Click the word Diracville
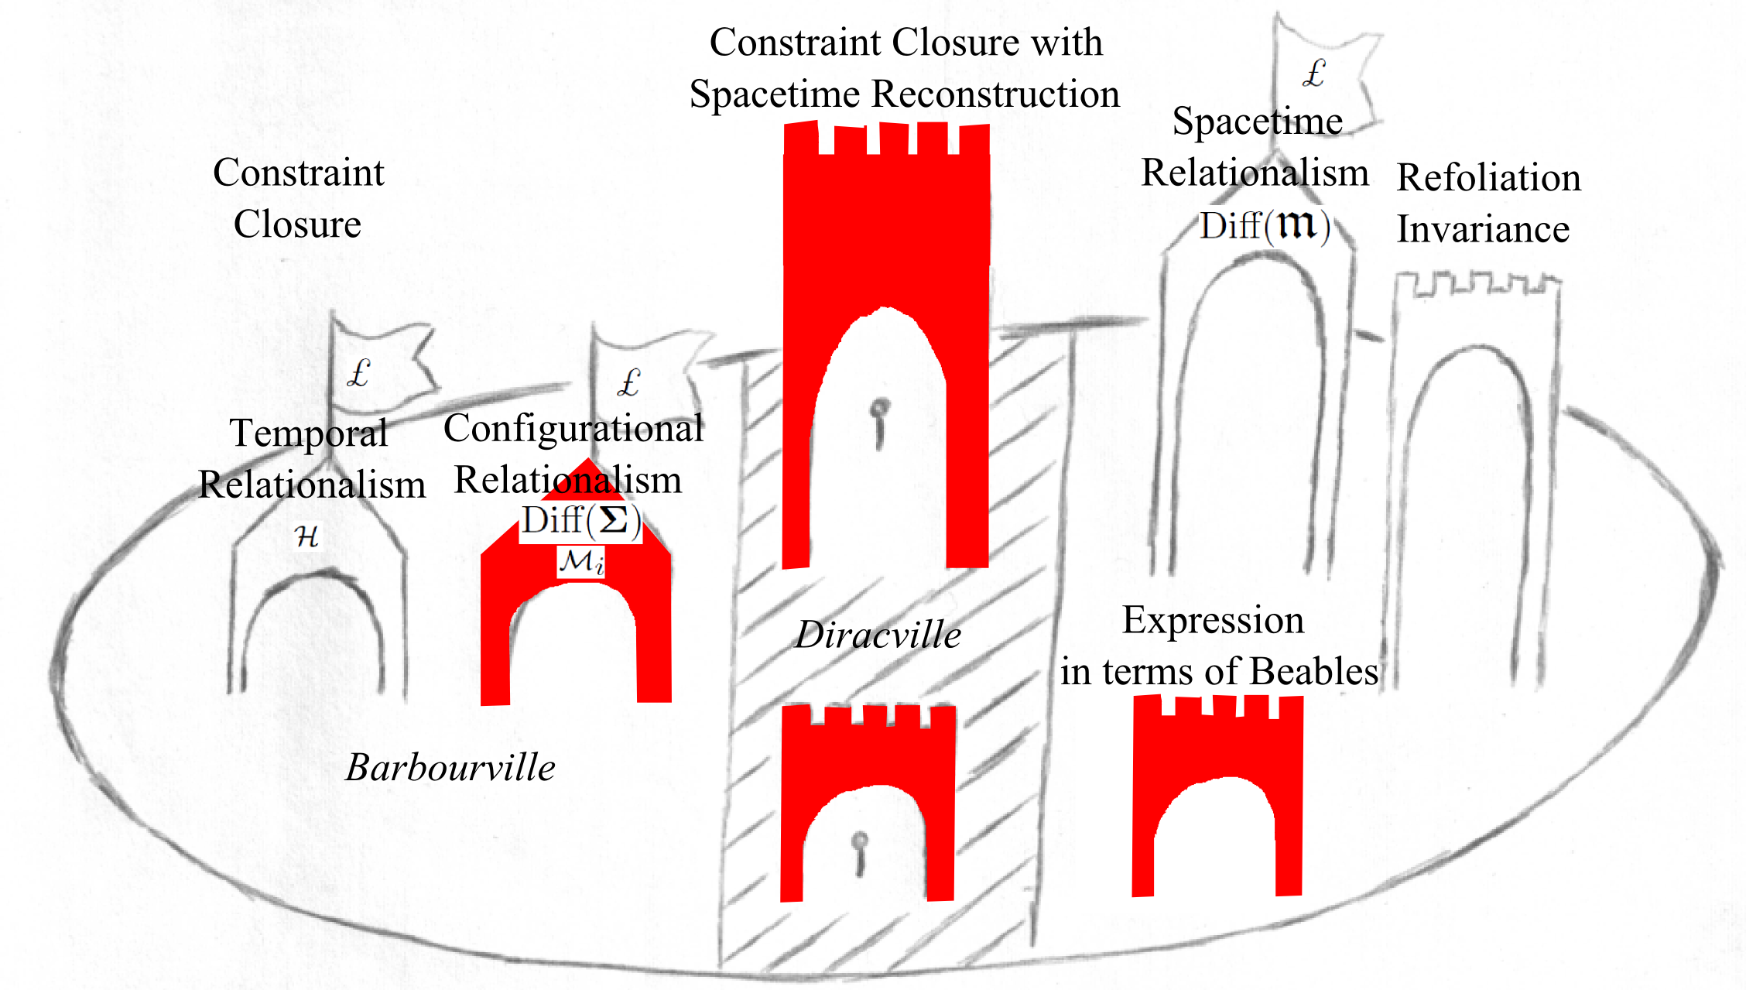[x=878, y=635]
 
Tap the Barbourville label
[x=450, y=767]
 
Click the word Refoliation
[x=1488, y=177]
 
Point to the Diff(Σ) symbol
[x=580, y=521]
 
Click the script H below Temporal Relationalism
[x=307, y=536]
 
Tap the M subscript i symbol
[x=581, y=561]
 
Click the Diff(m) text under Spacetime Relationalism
[x=1265, y=225]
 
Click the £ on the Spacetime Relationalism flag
[x=1314, y=74]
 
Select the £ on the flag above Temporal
[x=358, y=374]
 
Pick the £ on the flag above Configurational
[x=628, y=382]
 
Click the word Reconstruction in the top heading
[x=995, y=94]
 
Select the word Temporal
[x=309, y=433]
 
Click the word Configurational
[x=573, y=428]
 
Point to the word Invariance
[x=1483, y=229]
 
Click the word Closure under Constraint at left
[x=297, y=224]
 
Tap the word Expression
[x=1213, y=619]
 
